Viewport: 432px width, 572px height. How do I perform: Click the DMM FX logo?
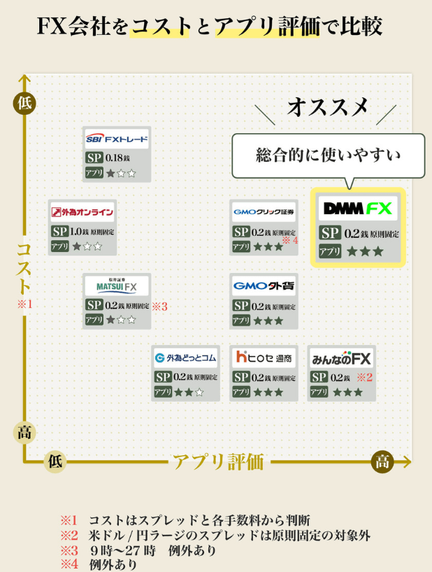coord(357,208)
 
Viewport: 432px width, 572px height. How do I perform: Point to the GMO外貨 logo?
coord(264,286)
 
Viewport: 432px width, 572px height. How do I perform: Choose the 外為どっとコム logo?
coord(185,358)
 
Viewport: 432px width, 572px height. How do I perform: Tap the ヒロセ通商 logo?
coord(264,358)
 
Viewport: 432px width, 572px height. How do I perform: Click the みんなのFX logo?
coord(341,358)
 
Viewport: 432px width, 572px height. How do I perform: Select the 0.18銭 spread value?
coord(119,158)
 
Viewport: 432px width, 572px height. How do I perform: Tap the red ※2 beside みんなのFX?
coord(365,377)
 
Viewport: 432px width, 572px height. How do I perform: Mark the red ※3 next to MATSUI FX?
coord(159,305)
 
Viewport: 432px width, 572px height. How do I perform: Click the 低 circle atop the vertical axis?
coord(24,103)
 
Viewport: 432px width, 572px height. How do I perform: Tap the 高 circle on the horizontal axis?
coord(382,461)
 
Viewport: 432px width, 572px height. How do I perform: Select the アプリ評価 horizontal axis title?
coord(218,461)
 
